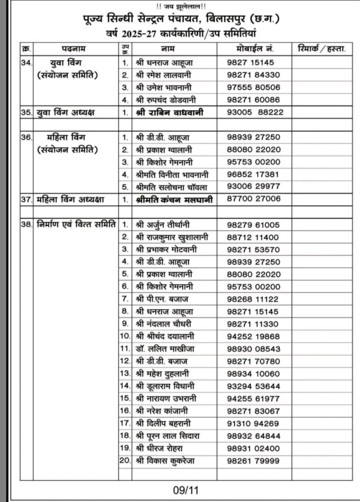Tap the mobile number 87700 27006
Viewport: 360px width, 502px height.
(x=253, y=199)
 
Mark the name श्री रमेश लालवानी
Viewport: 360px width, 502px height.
(x=164, y=75)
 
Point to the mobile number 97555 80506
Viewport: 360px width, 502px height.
(x=253, y=87)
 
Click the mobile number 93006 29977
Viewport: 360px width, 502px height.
(x=253, y=186)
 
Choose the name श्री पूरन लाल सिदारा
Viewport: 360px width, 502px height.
(x=167, y=436)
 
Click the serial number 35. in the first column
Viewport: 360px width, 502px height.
(x=26, y=112)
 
